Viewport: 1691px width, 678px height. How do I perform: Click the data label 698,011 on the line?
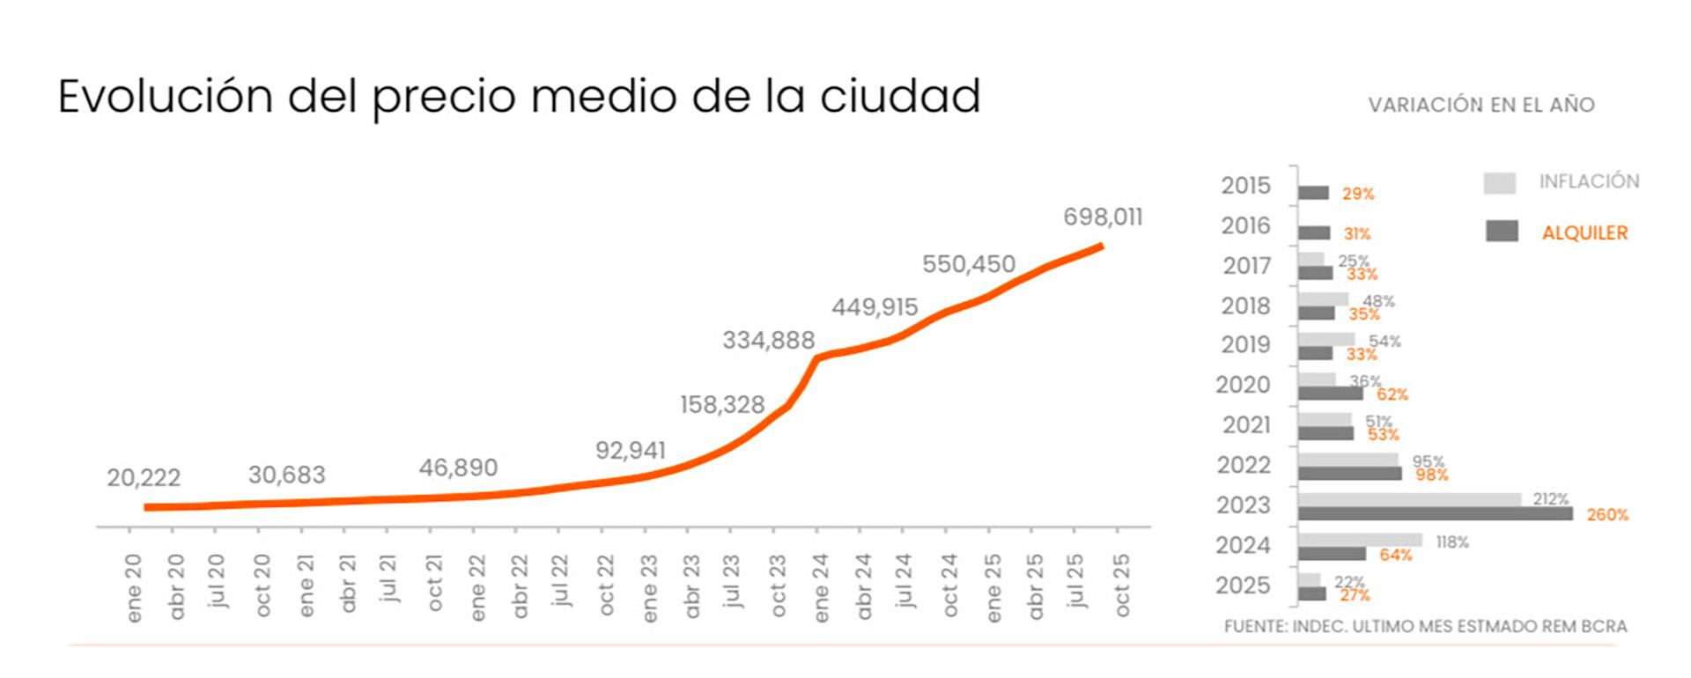[x=1102, y=217]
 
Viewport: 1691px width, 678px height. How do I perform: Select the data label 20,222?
[x=144, y=478]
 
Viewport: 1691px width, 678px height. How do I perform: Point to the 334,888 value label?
[x=768, y=340]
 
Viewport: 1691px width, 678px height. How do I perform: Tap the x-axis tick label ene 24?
[x=820, y=587]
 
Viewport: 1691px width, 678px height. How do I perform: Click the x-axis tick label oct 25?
[x=1121, y=585]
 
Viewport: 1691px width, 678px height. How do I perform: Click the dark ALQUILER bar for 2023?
[x=1435, y=514]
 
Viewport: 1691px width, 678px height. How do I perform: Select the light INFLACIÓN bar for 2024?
[x=1359, y=540]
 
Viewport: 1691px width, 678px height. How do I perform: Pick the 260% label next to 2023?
[x=1607, y=515]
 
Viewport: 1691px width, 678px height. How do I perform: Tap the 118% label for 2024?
[x=1452, y=542]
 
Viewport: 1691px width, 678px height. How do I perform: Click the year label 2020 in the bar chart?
[x=1243, y=385]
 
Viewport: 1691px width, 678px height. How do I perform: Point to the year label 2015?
[x=1245, y=186]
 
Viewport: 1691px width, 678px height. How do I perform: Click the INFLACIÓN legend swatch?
[x=1499, y=183]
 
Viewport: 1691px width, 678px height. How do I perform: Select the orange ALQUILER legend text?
[x=1584, y=233]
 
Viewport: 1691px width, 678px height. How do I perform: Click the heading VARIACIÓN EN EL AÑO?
[x=1481, y=105]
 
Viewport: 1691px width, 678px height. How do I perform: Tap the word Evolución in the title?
[x=166, y=96]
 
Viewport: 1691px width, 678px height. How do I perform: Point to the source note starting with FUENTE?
[x=1425, y=627]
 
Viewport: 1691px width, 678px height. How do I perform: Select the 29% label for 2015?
[x=1357, y=194]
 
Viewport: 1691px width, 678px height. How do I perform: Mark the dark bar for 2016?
[x=1313, y=233]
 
